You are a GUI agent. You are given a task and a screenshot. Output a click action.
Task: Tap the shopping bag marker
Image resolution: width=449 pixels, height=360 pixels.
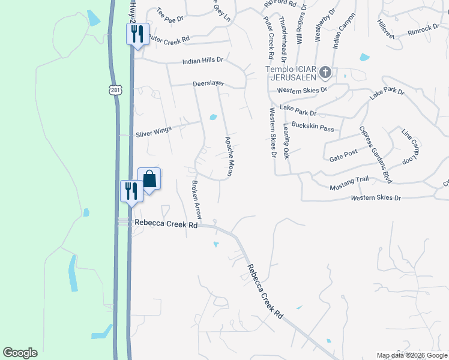point(149,179)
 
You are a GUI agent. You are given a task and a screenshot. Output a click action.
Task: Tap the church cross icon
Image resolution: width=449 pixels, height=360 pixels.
point(325,73)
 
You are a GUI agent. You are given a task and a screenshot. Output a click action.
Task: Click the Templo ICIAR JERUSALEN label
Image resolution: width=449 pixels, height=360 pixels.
point(291,73)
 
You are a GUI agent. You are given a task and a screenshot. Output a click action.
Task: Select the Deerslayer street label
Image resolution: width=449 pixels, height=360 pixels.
point(208,85)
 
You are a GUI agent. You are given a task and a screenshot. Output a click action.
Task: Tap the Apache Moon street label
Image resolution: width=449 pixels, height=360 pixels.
point(229,156)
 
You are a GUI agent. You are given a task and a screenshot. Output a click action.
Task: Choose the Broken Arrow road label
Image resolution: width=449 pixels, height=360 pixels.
point(196,200)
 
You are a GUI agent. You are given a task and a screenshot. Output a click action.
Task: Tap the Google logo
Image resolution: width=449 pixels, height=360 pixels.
point(20,353)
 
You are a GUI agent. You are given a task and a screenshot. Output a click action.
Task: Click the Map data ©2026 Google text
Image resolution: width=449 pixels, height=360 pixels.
point(412,355)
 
